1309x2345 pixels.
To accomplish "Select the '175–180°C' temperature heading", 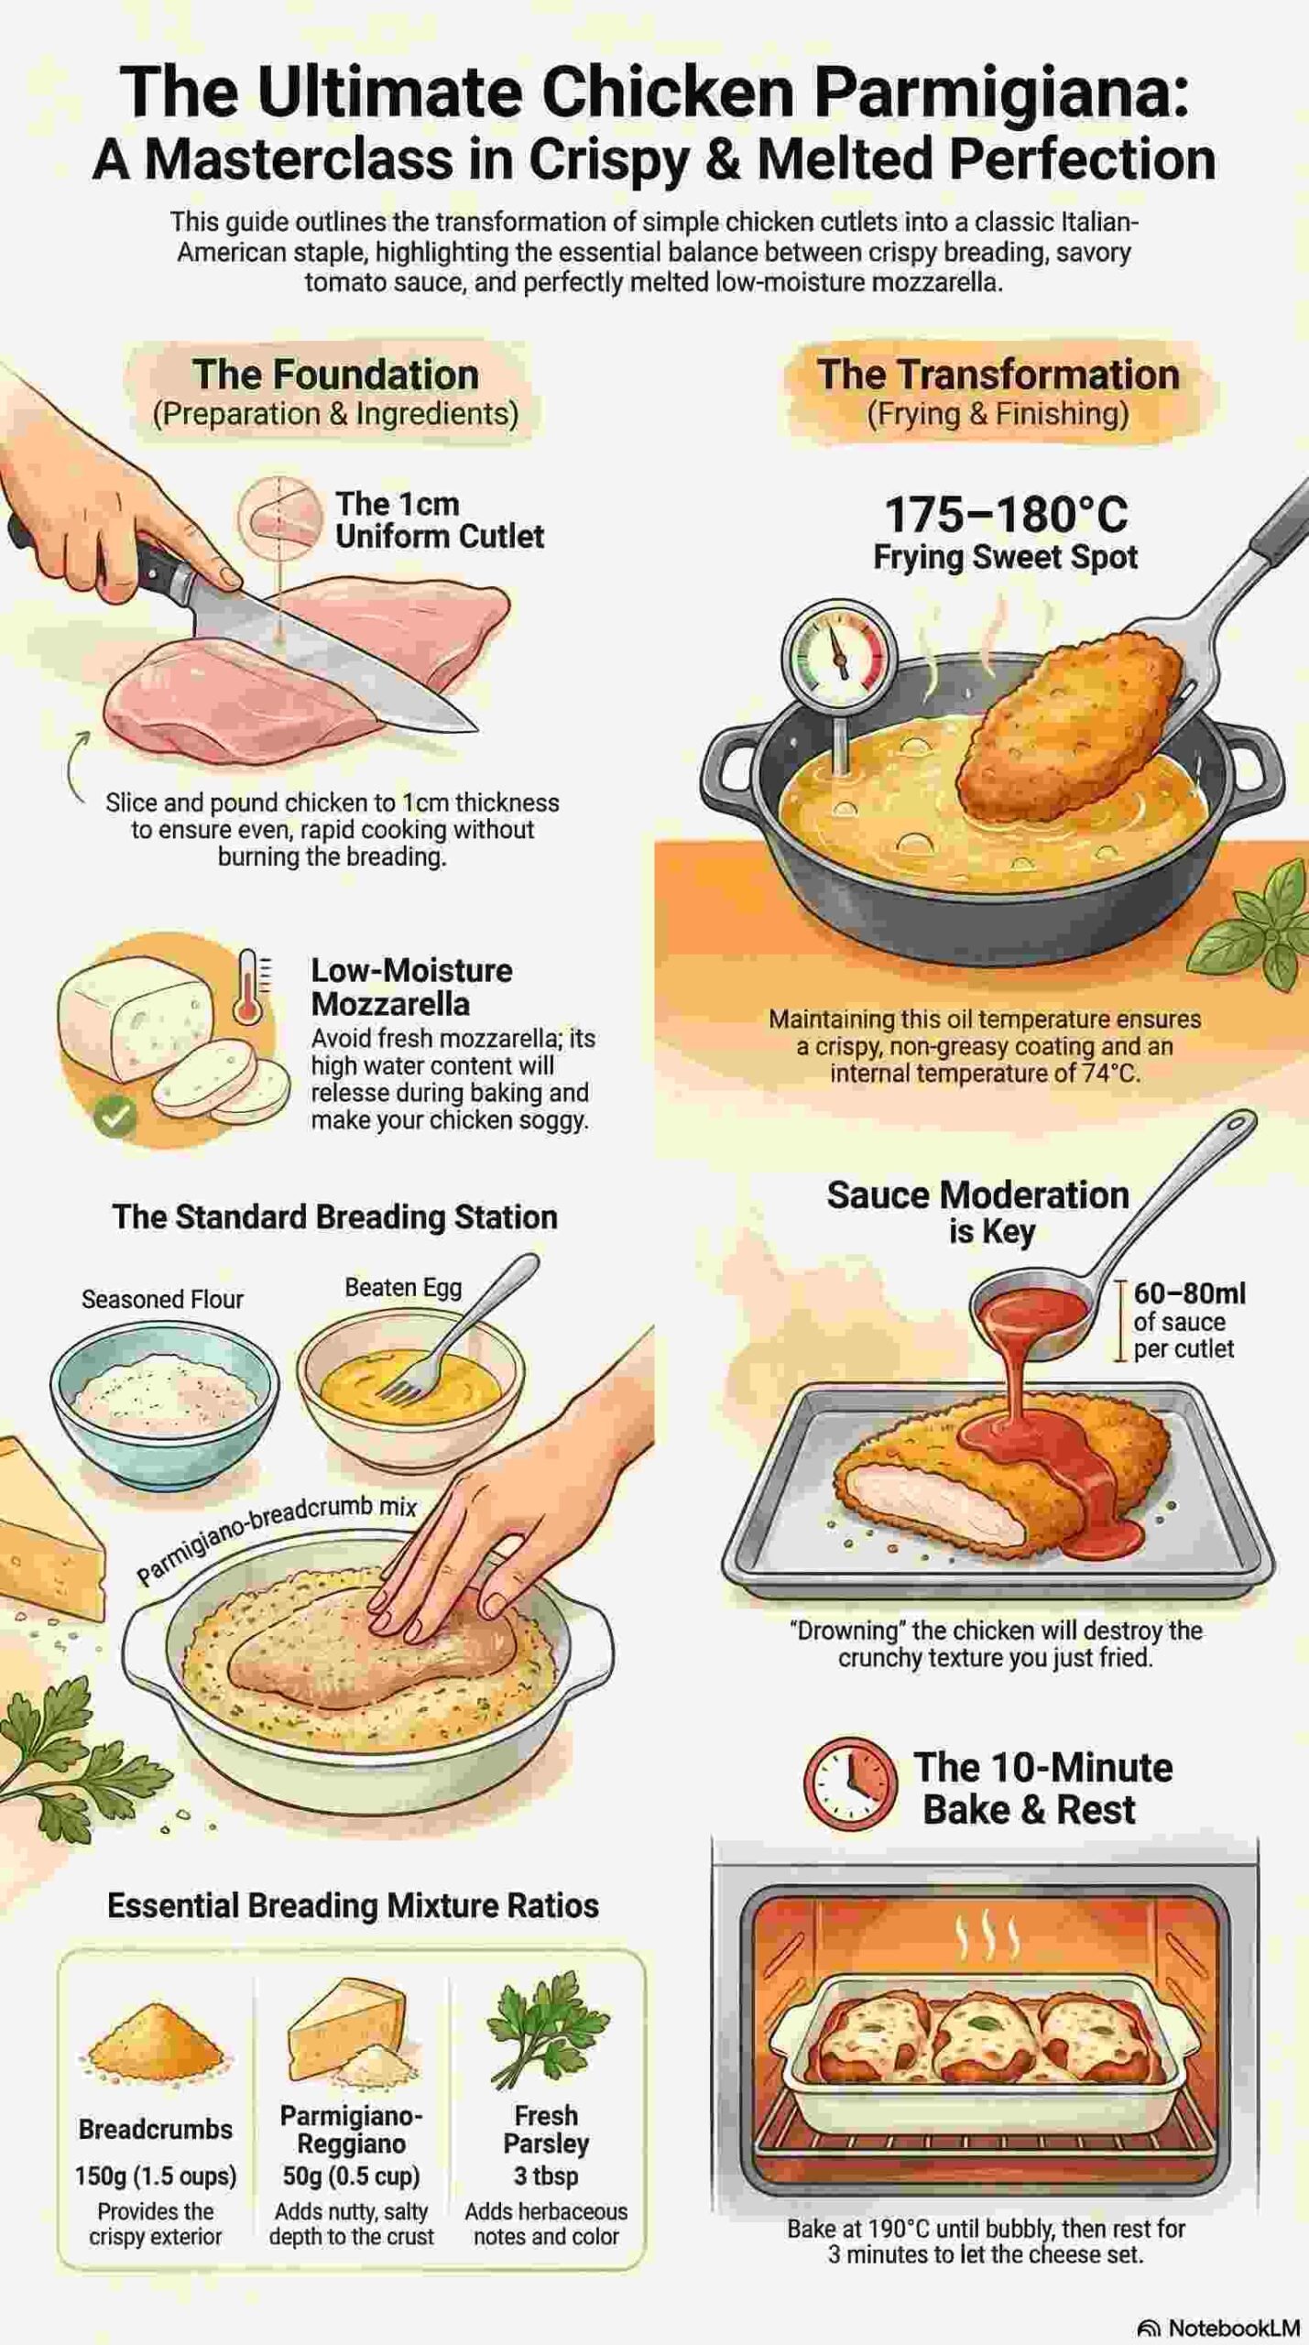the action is (1006, 515).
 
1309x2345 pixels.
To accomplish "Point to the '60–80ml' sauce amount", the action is (1189, 1293).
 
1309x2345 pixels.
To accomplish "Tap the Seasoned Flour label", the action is (162, 1299).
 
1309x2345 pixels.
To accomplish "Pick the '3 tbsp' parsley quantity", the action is (546, 2175).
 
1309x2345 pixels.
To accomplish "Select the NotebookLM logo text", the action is (1218, 2328).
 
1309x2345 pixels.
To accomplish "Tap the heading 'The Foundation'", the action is (335, 375).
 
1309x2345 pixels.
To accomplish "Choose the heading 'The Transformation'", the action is (998, 375).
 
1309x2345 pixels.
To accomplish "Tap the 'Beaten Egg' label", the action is (403, 1287).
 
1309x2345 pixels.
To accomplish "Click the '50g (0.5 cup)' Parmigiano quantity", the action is (351, 2175).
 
